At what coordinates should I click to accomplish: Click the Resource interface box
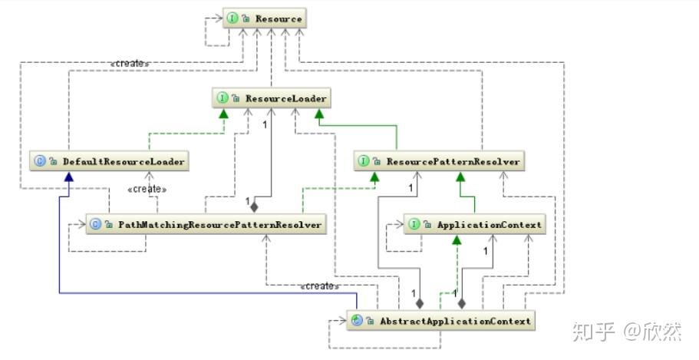[265, 18]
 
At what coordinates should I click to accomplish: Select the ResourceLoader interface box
[272, 97]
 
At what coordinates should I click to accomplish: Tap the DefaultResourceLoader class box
[109, 161]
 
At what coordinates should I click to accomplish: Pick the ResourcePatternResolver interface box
[439, 161]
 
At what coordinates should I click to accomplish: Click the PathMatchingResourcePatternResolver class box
[206, 224]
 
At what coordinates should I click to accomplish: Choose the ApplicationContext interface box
[474, 224]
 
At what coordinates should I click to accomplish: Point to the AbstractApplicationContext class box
[441, 320]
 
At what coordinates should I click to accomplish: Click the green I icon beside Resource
[232, 18]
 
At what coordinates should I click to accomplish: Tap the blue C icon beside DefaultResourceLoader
[40, 161]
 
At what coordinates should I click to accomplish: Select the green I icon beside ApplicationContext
[414, 224]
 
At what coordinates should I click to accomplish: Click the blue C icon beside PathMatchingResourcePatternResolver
[96, 224]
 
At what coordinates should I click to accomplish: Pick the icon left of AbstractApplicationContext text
[357, 320]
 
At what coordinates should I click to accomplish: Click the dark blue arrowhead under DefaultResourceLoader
[68, 177]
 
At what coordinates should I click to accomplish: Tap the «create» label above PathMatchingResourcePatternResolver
[147, 189]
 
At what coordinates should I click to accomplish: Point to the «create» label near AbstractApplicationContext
[320, 286]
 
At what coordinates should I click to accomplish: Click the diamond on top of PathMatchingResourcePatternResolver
[254, 207]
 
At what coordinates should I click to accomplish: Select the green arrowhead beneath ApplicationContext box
[457, 239]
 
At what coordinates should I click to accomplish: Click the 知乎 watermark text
[593, 332]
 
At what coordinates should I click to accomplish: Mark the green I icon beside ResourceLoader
[222, 97]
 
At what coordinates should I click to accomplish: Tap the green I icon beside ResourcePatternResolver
[364, 161]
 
